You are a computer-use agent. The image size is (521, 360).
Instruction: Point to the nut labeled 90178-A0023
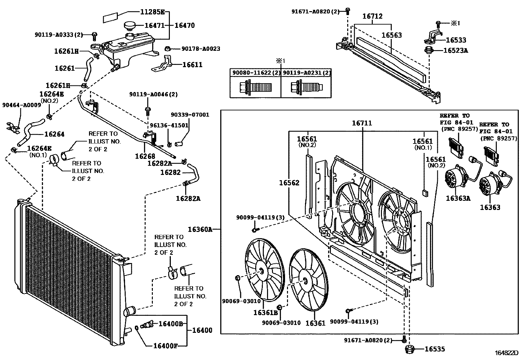167,49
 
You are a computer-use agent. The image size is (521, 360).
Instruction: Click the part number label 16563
391,35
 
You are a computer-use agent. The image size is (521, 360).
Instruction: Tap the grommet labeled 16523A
428,51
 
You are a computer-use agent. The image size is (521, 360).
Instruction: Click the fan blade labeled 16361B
264,270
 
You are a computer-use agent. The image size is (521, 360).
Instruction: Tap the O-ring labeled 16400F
136,328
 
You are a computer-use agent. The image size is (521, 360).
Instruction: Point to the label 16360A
200,229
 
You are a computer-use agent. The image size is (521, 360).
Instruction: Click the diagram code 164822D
506,353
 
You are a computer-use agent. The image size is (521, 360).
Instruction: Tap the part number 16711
362,123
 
